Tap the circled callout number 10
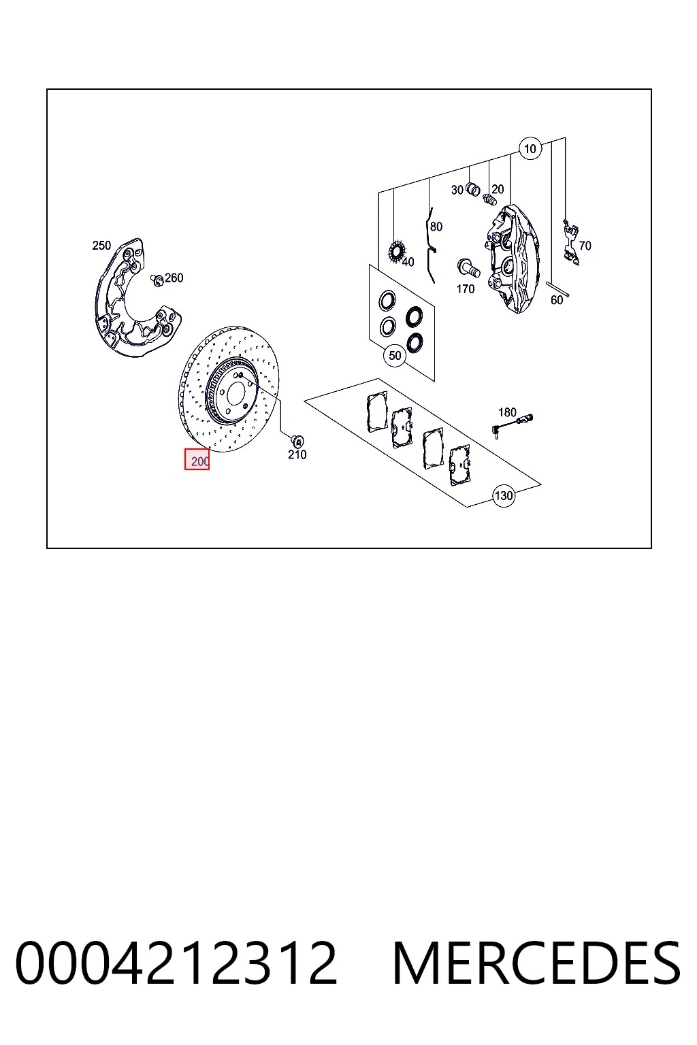point(530,149)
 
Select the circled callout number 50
point(395,356)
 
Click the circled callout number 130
point(503,495)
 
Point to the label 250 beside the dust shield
point(101,246)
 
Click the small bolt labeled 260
point(157,280)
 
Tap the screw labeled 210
point(297,440)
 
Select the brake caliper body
point(512,259)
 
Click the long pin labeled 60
point(557,289)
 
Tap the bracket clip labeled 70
point(571,243)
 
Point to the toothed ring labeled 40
point(396,252)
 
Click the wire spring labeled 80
point(432,245)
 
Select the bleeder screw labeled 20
point(489,199)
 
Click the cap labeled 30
point(473,190)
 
